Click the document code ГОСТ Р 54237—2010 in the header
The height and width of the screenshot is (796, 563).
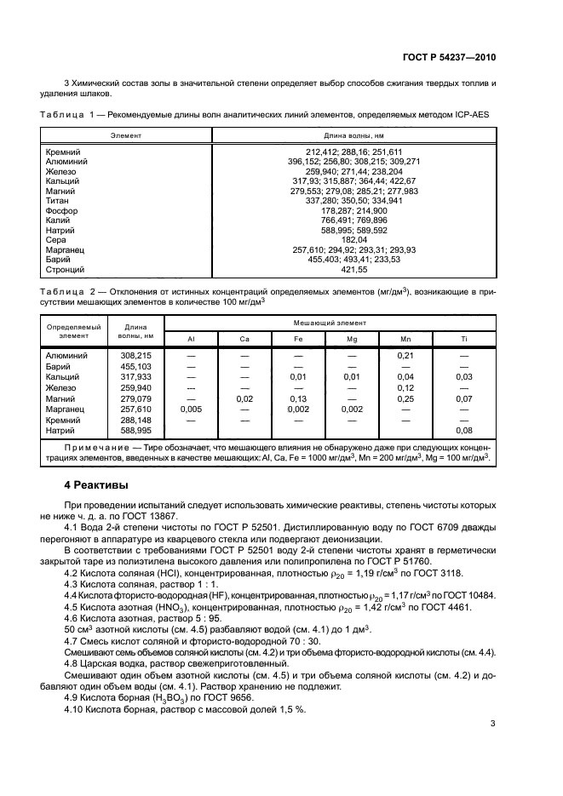click(451, 56)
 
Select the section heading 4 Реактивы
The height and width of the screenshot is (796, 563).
click(98, 485)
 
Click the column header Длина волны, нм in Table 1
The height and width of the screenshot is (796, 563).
click(354, 135)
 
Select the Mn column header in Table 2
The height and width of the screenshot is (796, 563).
click(405, 339)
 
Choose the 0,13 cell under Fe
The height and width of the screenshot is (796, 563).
click(298, 398)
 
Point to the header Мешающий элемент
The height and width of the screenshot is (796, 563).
click(353, 324)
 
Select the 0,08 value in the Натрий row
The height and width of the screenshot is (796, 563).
click(463, 430)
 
